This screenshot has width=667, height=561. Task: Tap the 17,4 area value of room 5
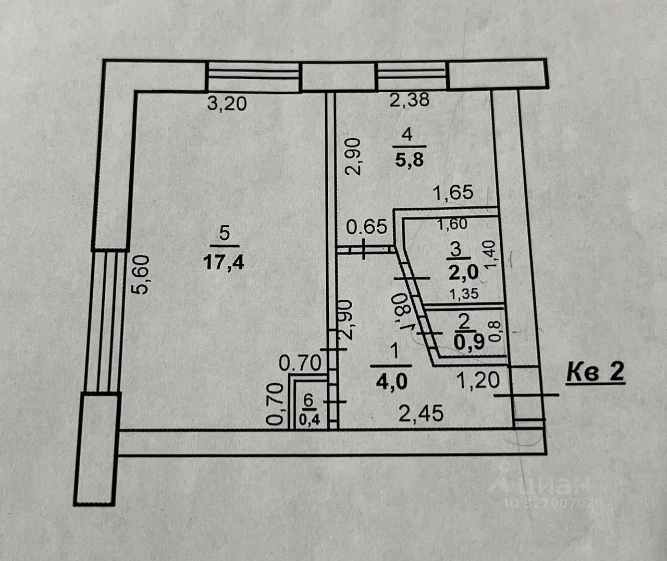pyautogui.click(x=224, y=263)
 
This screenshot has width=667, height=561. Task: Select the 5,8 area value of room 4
pyautogui.click(x=410, y=160)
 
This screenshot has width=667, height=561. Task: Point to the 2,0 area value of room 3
pyautogui.click(x=464, y=272)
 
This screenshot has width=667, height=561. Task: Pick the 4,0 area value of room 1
pyautogui.click(x=392, y=382)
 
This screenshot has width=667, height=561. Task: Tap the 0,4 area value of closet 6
pyautogui.click(x=309, y=419)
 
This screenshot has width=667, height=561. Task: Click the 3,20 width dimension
pyautogui.click(x=227, y=104)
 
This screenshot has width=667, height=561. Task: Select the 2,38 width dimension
pyautogui.click(x=409, y=100)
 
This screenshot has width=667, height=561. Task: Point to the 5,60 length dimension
pyautogui.click(x=140, y=274)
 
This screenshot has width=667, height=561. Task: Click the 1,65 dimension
pyautogui.click(x=453, y=192)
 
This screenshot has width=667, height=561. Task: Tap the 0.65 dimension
pyautogui.click(x=367, y=227)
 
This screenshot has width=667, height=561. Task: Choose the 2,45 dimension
pyautogui.click(x=422, y=413)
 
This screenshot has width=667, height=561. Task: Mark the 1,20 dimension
pyautogui.click(x=478, y=381)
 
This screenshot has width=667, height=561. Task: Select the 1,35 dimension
pyautogui.click(x=464, y=294)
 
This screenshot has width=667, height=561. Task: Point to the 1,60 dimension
pyautogui.click(x=453, y=224)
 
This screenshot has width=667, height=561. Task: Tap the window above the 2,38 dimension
pyautogui.click(x=412, y=76)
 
